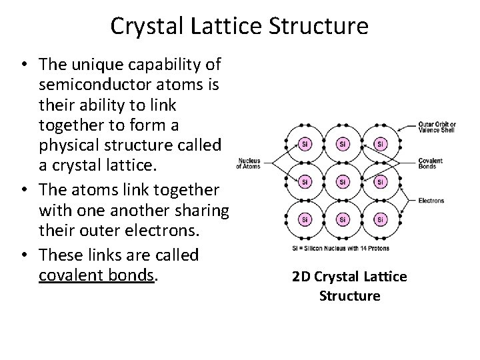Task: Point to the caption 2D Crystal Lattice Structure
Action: (x=349, y=285)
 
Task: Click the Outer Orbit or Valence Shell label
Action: (x=438, y=127)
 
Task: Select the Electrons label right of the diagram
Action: (x=432, y=200)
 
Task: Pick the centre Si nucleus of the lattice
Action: (x=342, y=181)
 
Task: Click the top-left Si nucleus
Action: (x=305, y=144)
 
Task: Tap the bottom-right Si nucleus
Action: (x=380, y=219)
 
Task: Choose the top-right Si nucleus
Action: (x=380, y=144)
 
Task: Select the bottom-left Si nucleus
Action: (x=305, y=219)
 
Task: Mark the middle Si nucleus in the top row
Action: (x=342, y=144)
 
